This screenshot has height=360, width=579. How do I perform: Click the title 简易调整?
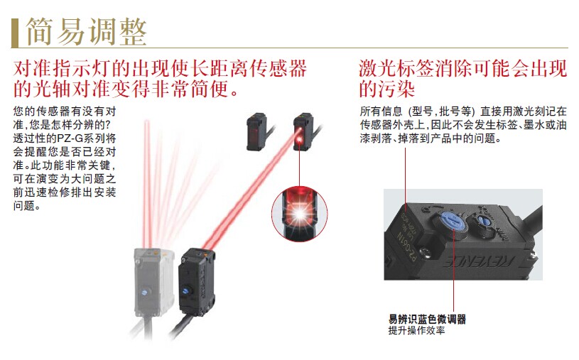coord(87,31)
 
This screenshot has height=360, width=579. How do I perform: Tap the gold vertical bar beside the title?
coord(14,33)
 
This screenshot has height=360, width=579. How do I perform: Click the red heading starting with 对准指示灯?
coord(160,79)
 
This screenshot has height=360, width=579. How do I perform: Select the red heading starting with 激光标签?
coord(462,79)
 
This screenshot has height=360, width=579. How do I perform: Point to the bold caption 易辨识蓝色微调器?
coord(427,319)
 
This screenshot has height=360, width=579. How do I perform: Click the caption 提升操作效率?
coord(416,330)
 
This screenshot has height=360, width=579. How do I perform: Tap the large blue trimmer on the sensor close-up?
coord(452,223)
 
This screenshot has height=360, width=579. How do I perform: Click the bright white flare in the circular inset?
coord(300,214)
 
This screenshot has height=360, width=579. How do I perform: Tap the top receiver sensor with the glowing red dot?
coord(303,132)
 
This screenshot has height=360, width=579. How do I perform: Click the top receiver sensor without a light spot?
coord(256,132)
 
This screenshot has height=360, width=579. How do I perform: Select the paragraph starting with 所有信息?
coord(463,125)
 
